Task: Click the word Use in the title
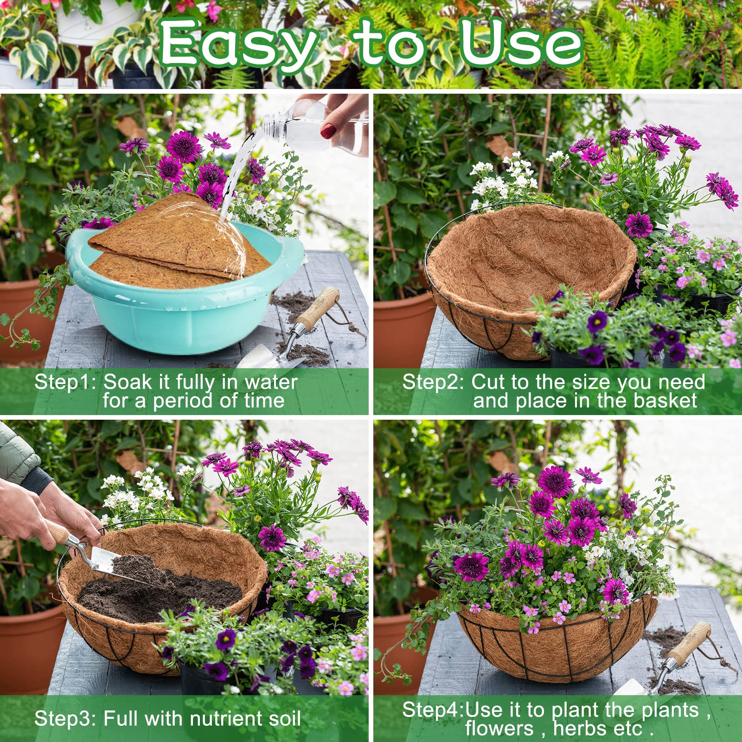[x=519, y=43]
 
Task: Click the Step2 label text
[x=434, y=382]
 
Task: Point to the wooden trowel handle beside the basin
[x=318, y=308]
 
